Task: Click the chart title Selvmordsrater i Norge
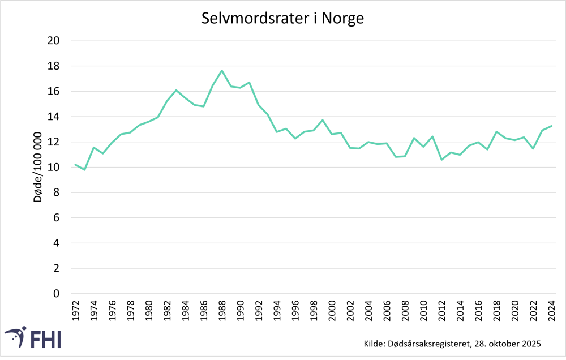282,18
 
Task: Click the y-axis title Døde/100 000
37,168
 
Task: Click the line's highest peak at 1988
222,71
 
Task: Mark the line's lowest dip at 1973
84,170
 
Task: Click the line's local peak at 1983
176,90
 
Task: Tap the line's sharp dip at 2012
441,160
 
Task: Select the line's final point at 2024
551,126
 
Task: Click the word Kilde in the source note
370,344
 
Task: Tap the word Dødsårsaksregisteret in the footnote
430,344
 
